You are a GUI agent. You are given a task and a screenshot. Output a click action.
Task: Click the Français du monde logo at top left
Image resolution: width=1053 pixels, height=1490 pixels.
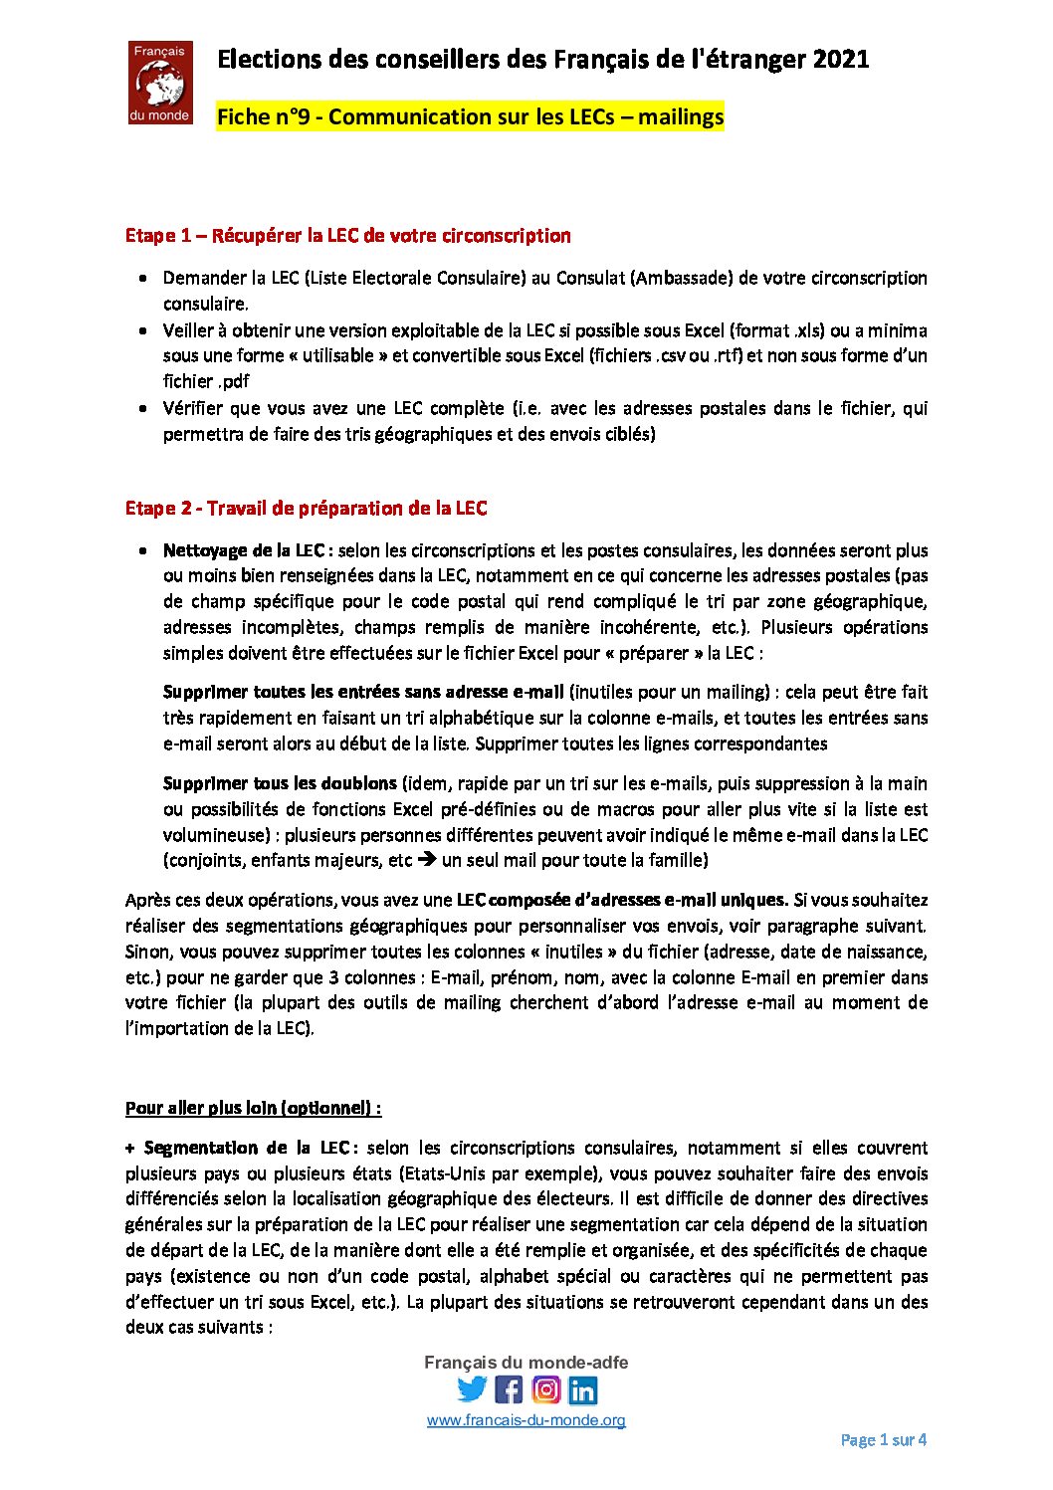point(160,83)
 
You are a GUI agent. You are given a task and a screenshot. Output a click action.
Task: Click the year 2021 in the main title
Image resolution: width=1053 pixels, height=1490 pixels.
point(840,60)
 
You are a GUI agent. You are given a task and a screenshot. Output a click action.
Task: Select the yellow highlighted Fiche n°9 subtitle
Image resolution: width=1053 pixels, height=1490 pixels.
point(470,117)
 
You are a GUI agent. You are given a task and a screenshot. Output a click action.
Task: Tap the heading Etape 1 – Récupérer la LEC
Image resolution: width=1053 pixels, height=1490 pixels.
point(347,236)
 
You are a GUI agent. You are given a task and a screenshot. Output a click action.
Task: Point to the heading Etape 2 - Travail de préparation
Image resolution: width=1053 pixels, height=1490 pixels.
point(306,509)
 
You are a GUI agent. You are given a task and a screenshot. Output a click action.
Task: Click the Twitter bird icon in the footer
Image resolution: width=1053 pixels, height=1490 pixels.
point(472,1389)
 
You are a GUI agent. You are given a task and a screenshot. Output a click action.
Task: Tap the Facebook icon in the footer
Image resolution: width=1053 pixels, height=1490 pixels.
point(509,1389)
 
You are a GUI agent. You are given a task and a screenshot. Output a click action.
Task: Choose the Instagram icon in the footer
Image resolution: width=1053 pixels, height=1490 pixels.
point(545,1389)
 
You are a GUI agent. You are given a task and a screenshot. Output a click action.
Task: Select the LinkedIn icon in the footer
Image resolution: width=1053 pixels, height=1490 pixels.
point(583,1389)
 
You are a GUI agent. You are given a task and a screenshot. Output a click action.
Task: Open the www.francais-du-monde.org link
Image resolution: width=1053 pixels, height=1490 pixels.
point(526,1420)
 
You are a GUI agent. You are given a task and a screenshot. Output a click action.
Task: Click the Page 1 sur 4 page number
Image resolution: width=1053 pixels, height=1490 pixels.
point(883,1440)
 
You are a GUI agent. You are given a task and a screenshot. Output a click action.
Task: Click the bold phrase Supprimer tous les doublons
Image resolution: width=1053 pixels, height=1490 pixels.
point(280,783)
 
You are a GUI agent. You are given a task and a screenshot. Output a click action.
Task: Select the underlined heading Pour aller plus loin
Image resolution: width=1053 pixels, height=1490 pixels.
point(253,1108)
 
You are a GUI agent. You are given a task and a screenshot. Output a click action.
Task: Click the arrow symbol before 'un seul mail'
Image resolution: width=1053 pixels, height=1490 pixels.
point(426,860)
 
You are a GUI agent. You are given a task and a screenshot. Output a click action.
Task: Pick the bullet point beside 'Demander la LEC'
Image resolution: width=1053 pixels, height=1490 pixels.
point(144,279)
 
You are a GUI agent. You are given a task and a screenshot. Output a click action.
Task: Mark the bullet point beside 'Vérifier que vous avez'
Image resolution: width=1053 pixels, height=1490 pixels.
point(144,408)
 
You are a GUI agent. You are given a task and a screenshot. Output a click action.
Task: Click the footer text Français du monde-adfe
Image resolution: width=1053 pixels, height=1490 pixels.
point(526,1363)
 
